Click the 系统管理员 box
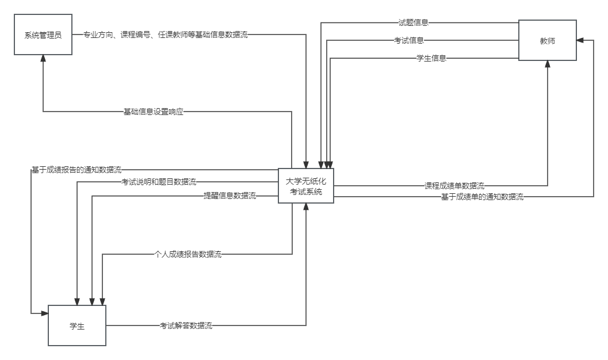(43, 35)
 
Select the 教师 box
(548, 41)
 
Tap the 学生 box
(77, 326)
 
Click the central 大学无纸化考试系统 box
(306, 186)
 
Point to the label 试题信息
(414, 23)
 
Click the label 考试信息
(409, 41)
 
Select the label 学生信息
(432, 58)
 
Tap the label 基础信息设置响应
(154, 112)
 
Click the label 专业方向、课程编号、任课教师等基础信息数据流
(166, 35)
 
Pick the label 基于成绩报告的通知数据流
(77, 170)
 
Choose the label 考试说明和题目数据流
(159, 182)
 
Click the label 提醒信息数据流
(230, 196)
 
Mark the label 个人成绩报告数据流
(188, 254)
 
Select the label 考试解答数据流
(186, 326)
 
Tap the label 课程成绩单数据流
(454, 186)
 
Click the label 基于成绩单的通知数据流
(482, 197)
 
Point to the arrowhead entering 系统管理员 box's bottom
(43, 59)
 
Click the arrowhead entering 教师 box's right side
(580, 41)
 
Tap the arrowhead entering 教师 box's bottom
(548, 64)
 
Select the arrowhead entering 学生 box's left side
(44, 313)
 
